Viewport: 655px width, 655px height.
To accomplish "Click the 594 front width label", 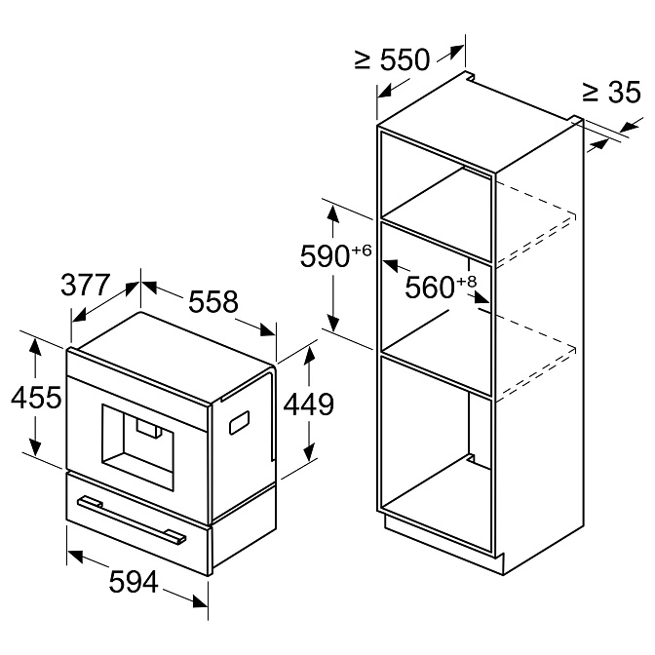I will [x=132, y=582].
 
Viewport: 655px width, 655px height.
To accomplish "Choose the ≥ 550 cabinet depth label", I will [x=392, y=60].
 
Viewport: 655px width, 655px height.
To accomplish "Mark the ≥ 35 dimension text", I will [x=610, y=93].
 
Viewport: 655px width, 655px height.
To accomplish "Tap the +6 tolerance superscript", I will [x=362, y=250].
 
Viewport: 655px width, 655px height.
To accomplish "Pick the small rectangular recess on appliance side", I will [x=237, y=422].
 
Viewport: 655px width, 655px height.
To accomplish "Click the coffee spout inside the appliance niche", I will [x=148, y=430].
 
